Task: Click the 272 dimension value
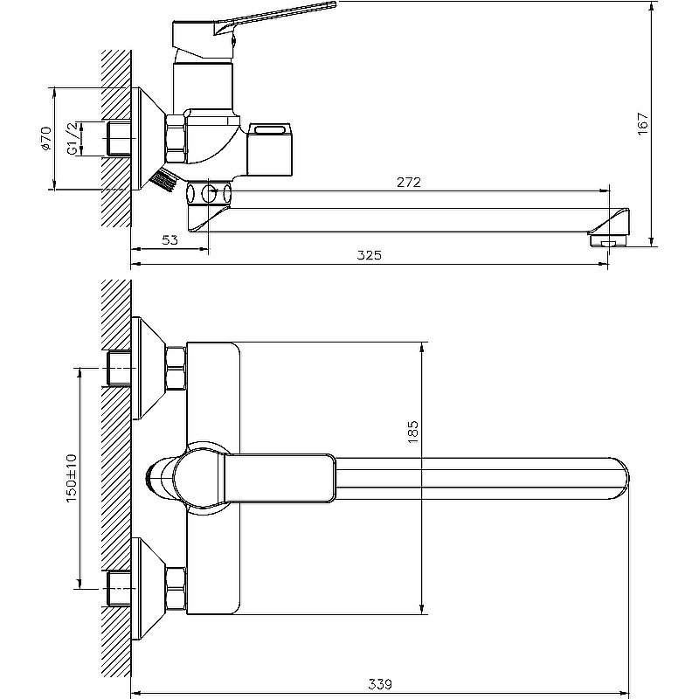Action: (x=408, y=183)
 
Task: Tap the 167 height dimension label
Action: (x=642, y=123)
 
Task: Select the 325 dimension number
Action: (x=369, y=255)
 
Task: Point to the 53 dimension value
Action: (x=170, y=239)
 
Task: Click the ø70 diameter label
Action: (x=46, y=139)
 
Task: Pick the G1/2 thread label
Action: (x=73, y=139)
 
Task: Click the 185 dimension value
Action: (x=412, y=431)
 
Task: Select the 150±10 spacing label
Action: (x=72, y=478)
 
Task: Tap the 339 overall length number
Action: (x=380, y=684)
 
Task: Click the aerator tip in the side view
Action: (x=609, y=241)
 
